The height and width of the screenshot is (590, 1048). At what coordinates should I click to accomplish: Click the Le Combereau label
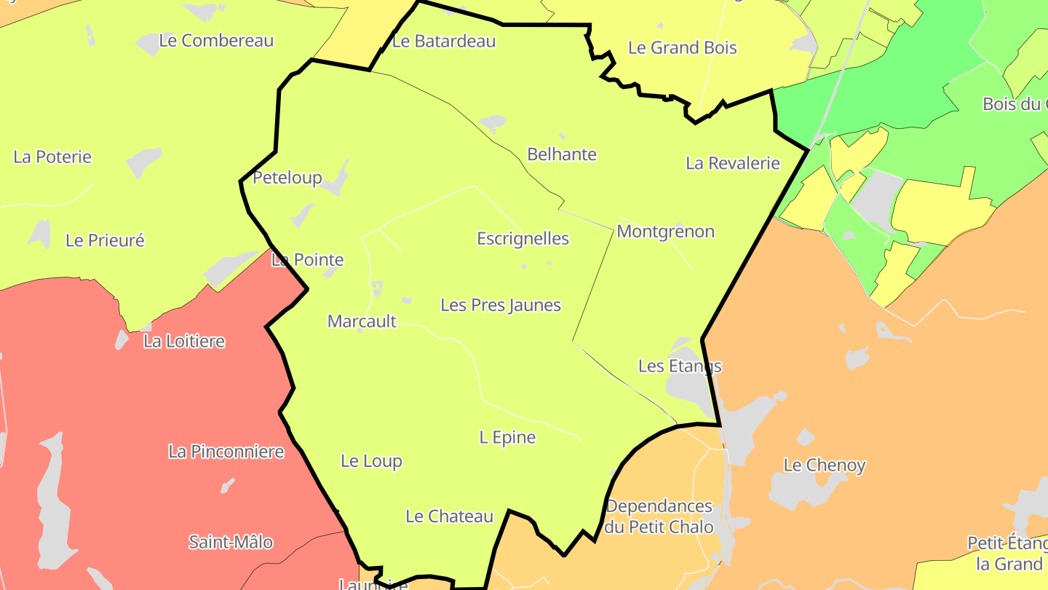216,41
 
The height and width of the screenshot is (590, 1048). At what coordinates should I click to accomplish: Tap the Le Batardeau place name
443,42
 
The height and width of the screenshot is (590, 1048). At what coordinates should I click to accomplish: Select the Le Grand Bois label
682,48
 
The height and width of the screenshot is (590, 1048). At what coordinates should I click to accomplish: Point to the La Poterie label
52,157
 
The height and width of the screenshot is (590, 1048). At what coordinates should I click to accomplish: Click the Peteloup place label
287,178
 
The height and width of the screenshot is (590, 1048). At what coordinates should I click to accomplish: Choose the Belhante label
561,154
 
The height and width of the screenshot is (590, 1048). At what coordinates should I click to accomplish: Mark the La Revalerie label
732,163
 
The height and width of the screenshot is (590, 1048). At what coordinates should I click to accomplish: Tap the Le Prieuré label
105,240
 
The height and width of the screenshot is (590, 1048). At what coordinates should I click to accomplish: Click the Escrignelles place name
523,239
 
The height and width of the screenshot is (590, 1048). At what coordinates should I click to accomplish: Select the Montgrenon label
665,232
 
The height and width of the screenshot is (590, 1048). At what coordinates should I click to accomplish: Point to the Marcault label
362,321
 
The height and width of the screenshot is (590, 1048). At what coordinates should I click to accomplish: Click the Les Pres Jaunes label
501,305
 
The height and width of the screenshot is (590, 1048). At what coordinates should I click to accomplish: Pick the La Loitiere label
184,342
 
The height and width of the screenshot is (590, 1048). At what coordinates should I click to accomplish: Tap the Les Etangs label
680,366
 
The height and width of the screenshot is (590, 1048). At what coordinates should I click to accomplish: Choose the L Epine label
507,438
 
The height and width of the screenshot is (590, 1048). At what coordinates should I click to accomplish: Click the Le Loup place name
371,461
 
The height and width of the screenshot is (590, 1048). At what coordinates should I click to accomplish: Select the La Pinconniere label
226,452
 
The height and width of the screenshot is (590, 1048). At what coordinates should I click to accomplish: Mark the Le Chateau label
449,516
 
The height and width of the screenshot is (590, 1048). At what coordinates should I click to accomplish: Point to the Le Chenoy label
824,465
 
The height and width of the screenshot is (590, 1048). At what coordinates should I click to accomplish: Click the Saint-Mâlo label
231,542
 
